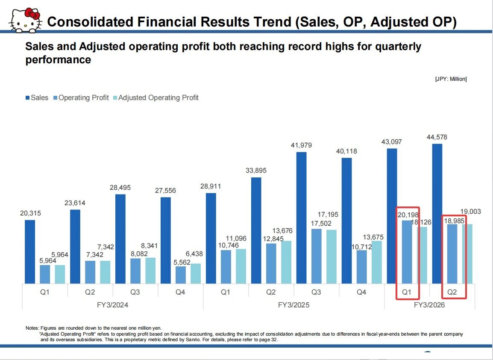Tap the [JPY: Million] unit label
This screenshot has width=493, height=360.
(451, 79)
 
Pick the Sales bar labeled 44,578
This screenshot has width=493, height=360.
(437, 213)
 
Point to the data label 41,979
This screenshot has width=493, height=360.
(301, 145)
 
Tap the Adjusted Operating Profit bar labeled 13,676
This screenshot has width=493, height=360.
(286, 262)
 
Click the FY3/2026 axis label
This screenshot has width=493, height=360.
(429, 305)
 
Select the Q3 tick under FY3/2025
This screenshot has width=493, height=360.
(316, 293)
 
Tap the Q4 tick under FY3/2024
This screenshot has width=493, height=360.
(181, 293)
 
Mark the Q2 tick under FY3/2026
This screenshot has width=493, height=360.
(452, 293)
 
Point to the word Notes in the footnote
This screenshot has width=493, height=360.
(32, 328)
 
